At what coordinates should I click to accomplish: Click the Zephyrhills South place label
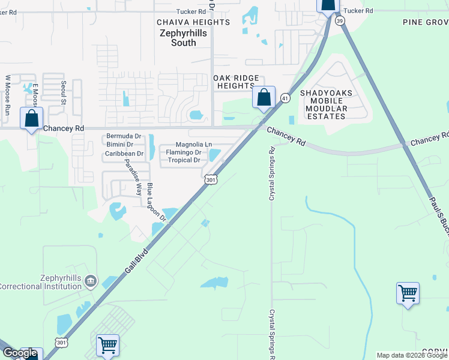(x=185, y=38)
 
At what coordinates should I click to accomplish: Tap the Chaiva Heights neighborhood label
(x=193, y=22)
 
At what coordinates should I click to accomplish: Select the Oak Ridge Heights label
(x=237, y=82)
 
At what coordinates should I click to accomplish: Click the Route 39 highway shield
(x=341, y=20)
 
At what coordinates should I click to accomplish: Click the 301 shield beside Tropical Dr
(x=210, y=179)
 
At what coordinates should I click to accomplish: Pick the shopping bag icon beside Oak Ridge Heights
(x=264, y=97)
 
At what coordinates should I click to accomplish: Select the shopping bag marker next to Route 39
(x=327, y=5)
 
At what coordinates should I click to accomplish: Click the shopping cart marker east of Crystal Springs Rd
(x=408, y=293)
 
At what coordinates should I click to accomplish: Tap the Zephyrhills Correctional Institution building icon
(x=91, y=281)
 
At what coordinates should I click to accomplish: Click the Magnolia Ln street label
(x=194, y=145)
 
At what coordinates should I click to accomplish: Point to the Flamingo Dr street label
(x=183, y=152)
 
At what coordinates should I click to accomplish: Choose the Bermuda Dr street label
(x=124, y=136)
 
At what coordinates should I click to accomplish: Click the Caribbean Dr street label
(x=124, y=154)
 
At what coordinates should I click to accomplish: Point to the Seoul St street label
(x=63, y=93)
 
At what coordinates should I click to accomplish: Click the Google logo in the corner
(x=20, y=353)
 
